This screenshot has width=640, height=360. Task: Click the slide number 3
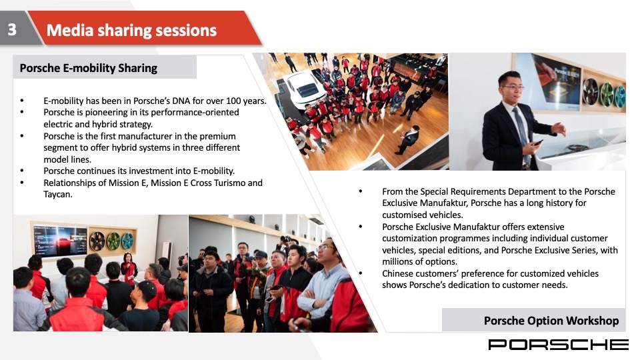click(12, 29)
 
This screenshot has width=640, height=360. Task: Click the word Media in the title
click(70, 30)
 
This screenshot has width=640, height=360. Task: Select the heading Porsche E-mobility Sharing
click(89, 68)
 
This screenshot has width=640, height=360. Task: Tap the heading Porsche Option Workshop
click(551, 321)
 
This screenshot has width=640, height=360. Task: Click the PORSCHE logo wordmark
click(558, 345)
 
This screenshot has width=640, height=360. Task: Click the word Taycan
click(58, 195)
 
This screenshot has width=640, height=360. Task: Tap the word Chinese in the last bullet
click(399, 273)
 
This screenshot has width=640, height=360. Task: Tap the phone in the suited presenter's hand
click(537, 143)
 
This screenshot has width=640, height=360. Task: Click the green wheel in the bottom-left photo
click(113, 241)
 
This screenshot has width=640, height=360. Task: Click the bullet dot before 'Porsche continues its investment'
click(22, 171)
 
